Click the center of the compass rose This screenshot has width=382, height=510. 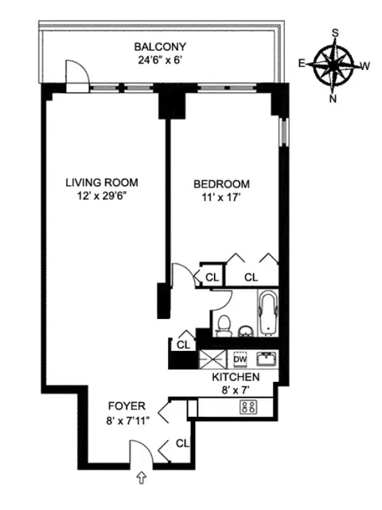333,64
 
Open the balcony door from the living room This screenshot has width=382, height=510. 76,77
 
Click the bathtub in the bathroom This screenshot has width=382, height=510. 268,314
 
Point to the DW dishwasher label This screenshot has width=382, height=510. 240,359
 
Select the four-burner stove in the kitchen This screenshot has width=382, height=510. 248,407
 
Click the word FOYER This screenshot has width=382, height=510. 128,406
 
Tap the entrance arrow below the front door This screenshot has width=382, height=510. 142,477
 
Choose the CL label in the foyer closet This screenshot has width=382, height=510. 182,442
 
